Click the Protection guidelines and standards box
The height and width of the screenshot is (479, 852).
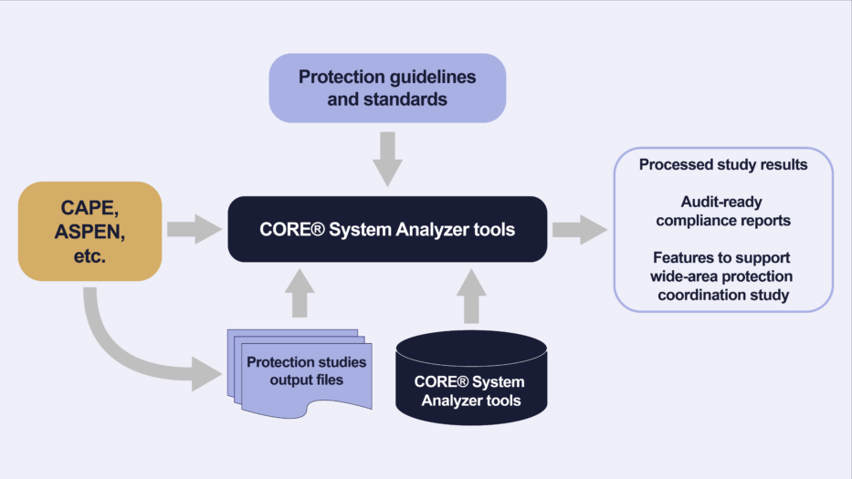[x=387, y=88]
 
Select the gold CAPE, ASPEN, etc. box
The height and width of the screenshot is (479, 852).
[x=89, y=231]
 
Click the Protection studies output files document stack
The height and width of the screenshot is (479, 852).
[x=300, y=370]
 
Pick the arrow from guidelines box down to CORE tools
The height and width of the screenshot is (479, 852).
[x=387, y=156]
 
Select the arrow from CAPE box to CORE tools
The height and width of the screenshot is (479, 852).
[x=195, y=230]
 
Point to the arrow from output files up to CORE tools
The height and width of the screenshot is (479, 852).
[x=300, y=293]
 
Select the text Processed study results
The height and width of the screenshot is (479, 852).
[x=723, y=165]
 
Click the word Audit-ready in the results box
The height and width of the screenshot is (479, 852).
[x=723, y=202]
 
